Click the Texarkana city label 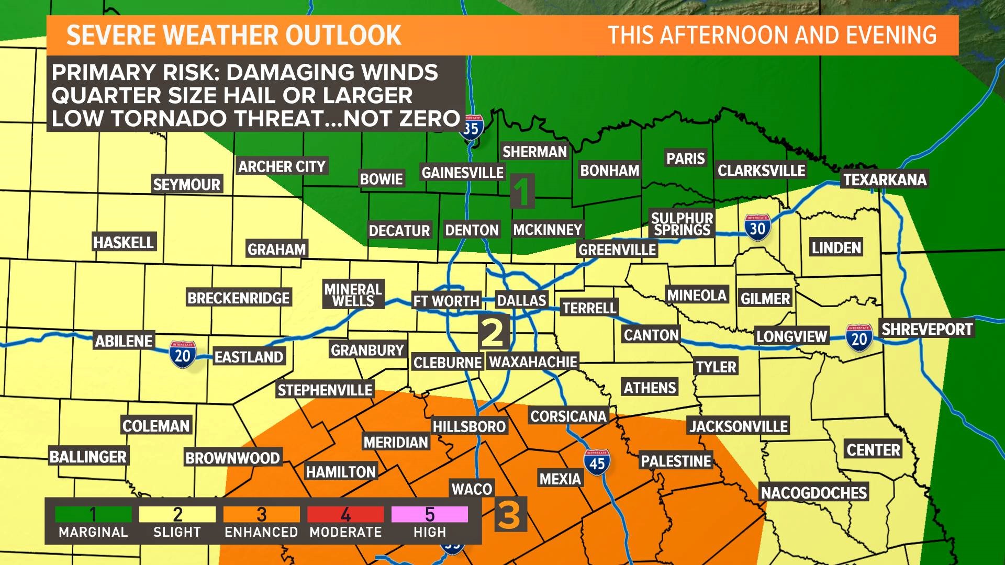(x=885, y=179)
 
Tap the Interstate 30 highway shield (x=757, y=228)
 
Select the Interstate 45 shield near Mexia (x=597, y=462)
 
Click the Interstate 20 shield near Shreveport (x=859, y=338)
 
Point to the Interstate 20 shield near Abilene (x=182, y=355)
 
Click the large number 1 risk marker (x=522, y=191)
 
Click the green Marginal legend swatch (x=93, y=514)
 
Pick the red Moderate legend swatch (x=345, y=514)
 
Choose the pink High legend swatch (x=429, y=514)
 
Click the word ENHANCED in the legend (x=261, y=532)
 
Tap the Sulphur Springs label (x=682, y=224)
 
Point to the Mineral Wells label (x=353, y=295)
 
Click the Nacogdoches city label (x=813, y=493)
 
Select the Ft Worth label (x=446, y=301)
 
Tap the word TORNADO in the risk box (x=169, y=119)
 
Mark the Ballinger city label (x=88, y=457)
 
